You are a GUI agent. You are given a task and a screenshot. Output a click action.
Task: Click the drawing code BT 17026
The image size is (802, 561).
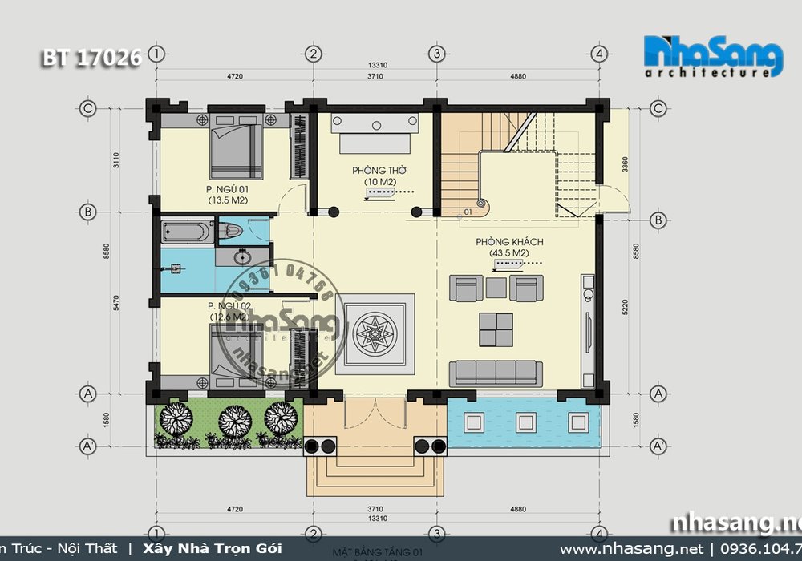(91, 58)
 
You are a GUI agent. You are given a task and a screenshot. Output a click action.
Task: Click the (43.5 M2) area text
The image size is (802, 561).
(509, 254)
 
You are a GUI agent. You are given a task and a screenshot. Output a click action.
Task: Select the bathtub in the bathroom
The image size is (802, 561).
(187, 232)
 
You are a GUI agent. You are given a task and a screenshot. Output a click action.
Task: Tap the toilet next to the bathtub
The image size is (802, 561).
(230, 232)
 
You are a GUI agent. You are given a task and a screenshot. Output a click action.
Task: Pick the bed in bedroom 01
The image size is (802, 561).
(237, 147)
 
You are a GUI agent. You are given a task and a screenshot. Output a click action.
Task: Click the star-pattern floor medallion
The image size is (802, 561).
(374, 331)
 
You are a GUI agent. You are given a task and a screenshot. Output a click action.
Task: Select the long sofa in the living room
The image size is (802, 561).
(495, 372)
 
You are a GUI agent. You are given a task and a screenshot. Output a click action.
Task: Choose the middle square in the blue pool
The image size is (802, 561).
(526, 422)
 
